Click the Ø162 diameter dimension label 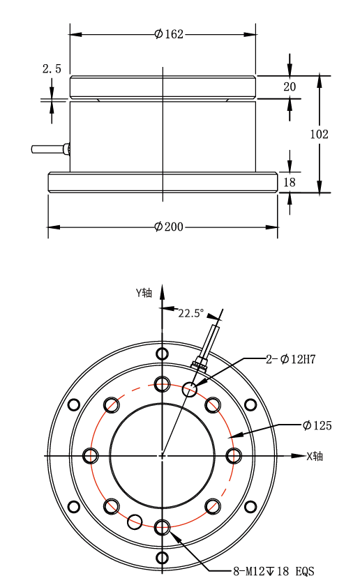(169, 34)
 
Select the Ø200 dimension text (169, 227)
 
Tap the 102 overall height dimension (320, 134)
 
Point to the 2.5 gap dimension (52, 68)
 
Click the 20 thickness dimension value (290, 86)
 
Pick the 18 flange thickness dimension (290, 182)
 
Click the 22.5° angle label (191, 313)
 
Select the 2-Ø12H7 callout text (291, 359)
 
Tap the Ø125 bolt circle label (317, 425)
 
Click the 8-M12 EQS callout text (273, 571)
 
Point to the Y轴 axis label (144, 293)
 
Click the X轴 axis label (315, 456)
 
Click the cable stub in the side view (50, 149)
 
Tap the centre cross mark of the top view (162, 456)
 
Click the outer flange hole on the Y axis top (162, 354)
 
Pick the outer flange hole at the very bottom (162, 558)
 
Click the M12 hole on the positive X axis (234, 456)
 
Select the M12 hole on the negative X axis (91, 456)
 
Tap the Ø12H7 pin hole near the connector (190, 390)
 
